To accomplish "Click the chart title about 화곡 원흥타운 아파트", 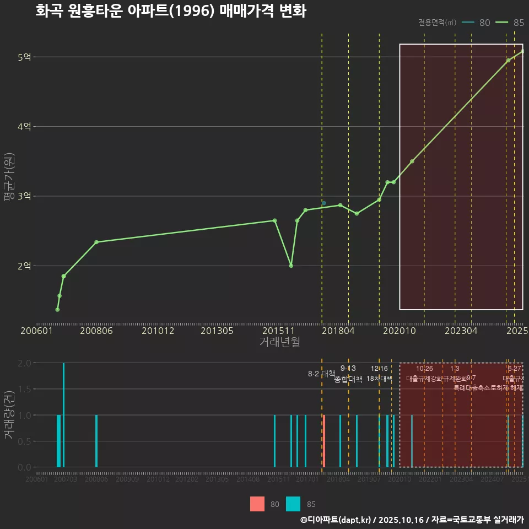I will point(170,11).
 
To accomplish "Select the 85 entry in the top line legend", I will point(510,23).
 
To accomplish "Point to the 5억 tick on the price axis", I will point(24,57).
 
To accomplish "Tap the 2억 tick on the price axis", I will point(24,266).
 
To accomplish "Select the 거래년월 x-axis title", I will point(279,342).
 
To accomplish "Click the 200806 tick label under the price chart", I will point(97,331).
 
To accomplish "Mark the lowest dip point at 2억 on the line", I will point(291,266).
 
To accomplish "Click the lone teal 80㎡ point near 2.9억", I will point(324,203).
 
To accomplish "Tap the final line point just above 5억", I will point(522,51).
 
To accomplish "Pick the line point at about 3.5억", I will point(412,161).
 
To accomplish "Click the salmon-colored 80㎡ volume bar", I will point(324,441).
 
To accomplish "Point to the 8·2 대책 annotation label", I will point(321,374).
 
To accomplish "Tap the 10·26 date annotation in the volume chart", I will point(424,369).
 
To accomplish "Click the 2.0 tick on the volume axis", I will point(24,363).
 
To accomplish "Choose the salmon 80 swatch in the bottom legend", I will point(257,504).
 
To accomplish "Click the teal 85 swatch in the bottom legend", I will point(293,504).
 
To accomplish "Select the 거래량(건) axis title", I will point(8,415).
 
